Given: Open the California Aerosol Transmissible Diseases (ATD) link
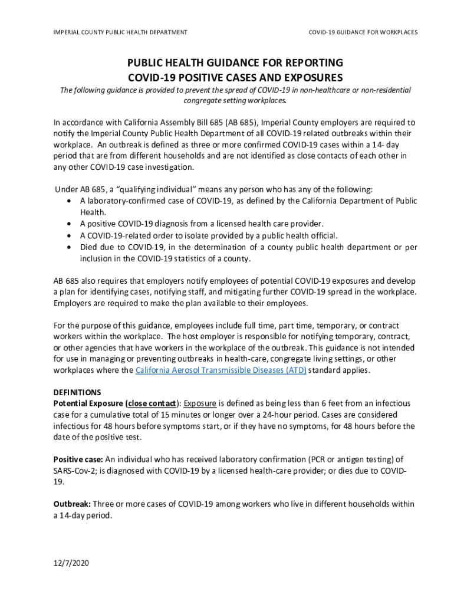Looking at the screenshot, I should click(221, 370).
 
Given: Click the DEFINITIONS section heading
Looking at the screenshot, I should click(77, 392).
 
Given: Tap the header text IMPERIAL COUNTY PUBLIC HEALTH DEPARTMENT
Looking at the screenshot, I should click(120, 32).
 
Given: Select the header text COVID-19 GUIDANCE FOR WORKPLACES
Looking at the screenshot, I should click(363, 32).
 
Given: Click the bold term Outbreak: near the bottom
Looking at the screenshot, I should click(72, 504).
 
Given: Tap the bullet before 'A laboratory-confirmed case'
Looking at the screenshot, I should click(70, 201).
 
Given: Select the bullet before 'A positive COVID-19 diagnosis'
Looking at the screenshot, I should click(70, 224).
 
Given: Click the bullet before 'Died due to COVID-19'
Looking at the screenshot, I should click(70, 247).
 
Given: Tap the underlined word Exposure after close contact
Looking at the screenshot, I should click(200, 403).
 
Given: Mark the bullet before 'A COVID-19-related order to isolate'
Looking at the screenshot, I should click(70, 235).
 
